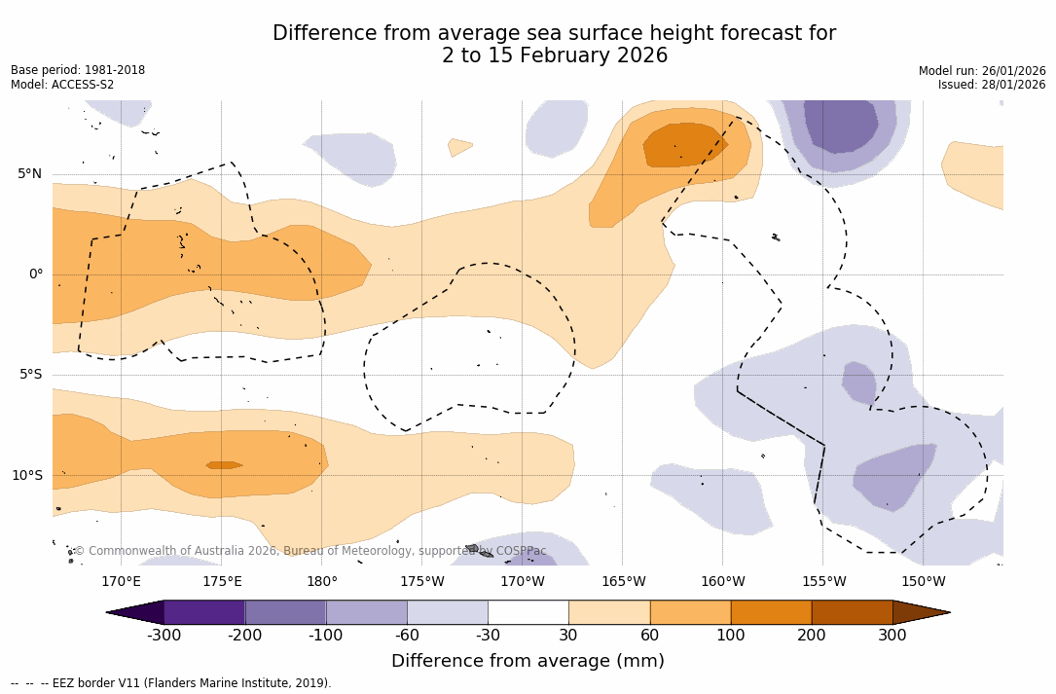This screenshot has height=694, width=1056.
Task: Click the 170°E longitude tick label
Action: point(121,582)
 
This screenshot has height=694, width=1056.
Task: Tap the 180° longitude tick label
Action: point(321,582)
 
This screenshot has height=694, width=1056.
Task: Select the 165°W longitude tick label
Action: point(623,582)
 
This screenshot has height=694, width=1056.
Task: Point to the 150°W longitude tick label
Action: point(923,582)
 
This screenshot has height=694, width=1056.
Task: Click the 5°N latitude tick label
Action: point(29,174)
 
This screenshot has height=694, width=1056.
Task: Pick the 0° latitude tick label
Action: point(35,274)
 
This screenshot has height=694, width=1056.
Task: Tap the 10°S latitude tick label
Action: point(27,476)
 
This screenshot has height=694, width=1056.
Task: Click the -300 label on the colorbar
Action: point(164,636)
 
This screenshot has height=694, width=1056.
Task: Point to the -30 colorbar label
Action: point(488,636)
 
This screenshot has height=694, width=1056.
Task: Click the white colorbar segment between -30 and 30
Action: point(528,612)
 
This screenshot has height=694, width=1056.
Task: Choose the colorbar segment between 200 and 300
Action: point(852,612)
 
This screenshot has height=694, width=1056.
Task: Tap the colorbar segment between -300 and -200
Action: point(204,612)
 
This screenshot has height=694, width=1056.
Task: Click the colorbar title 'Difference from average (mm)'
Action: point(528,662)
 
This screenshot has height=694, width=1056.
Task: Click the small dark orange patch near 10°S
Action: point(224,465)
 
